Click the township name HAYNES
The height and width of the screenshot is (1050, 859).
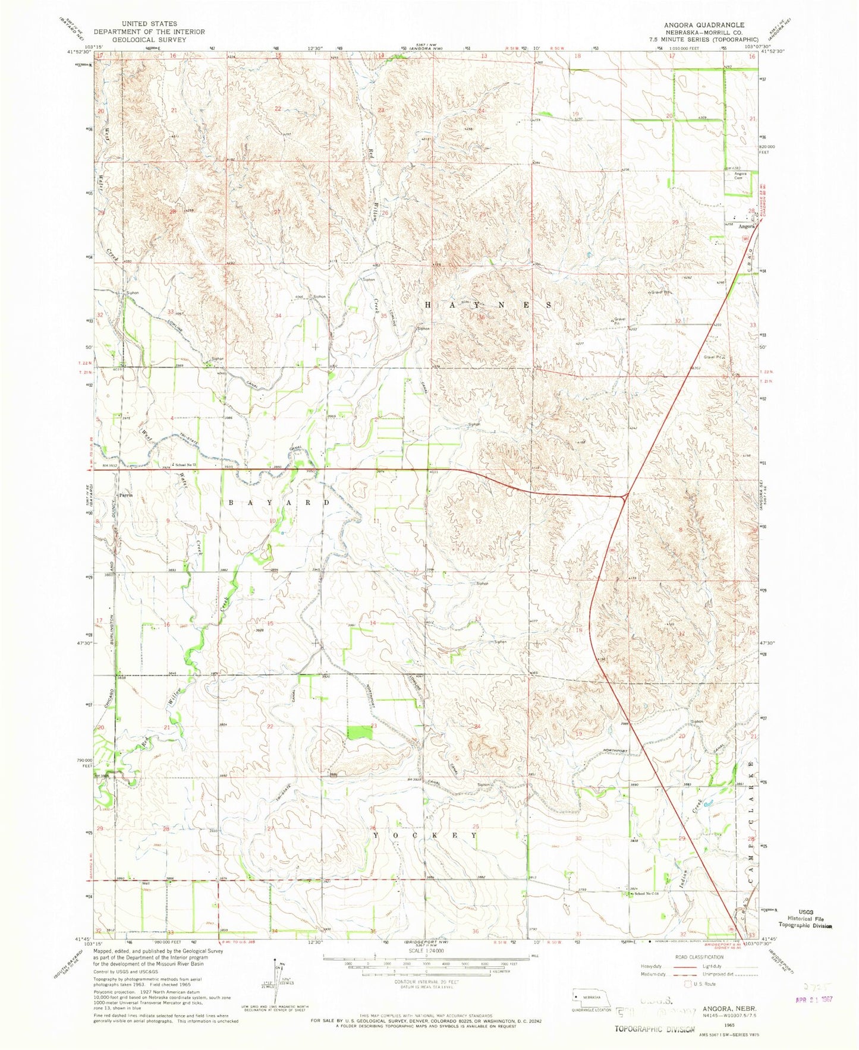point(487,304)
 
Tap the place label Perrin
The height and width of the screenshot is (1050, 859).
point(125,495)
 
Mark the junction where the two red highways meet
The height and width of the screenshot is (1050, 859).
point(625,495)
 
